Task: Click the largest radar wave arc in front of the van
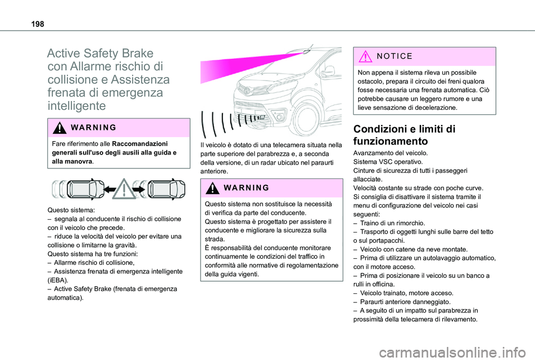[x=206, y=123]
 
